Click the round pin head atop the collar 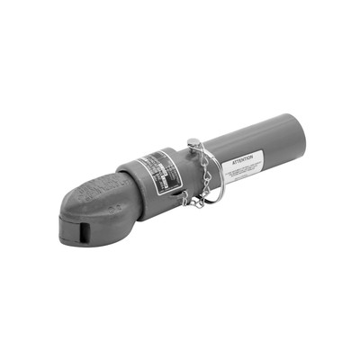click(x=193, y=141)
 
